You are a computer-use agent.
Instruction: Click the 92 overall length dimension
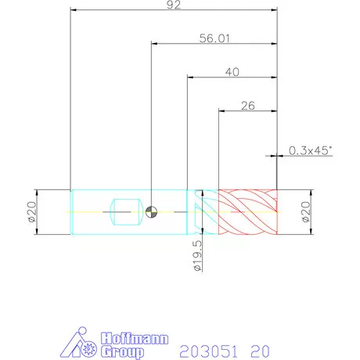click(x=174, y=5)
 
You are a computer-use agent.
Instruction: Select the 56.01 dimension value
click(x=214, y=38)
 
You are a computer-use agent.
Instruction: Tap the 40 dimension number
click(x=232, y=72)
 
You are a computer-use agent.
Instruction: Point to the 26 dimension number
click(x=248, y=106)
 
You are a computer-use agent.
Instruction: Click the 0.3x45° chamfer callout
click(x=311, y=150)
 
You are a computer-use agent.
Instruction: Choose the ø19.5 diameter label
click(x=198, y=256)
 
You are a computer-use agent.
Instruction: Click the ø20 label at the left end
click(x=32, y=212)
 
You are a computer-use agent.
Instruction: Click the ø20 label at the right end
click(x=306, y=212)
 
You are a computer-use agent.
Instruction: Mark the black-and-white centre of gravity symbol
click(x=151, y=212)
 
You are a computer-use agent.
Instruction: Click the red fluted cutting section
click(x=248, y=212)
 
